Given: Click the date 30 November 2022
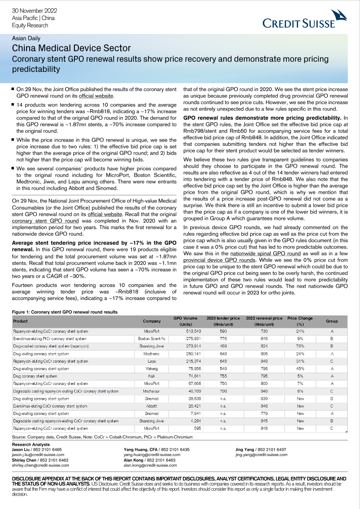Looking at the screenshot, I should pyautogui.click(x=34, y=10).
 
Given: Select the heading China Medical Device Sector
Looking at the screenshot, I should pyautogui.click(x=71, y=48).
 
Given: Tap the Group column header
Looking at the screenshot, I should pyautogui.click(x=332, y=321).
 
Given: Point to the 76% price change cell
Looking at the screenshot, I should pyautogui.click(x=300, y=346).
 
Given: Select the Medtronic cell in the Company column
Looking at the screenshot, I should pyautogui.click(x=151, y=354).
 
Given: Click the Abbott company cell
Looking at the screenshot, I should pyautogui.click(x=151, y=406).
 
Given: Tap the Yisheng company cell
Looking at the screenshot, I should pyautogui.click(x=151, y=368).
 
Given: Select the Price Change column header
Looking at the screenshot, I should pyautogui.click(x=300, y=321).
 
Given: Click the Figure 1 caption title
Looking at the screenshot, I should pyautogui.click(x=65, y=312).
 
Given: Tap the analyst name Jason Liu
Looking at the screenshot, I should pyautogui.click(x=24, y=449).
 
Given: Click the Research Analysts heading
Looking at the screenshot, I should pyautogui.click(x=31, y=444).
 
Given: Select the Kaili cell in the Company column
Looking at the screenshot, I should pyautogui.click(x=151, y=376).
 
